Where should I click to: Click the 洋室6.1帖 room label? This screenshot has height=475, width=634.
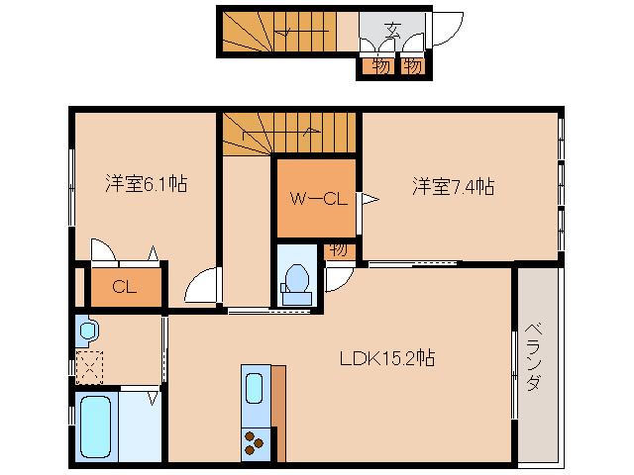tap(146, 184)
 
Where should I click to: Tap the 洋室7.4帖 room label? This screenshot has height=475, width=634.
tap(454, 185)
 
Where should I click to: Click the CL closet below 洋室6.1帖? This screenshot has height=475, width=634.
tap(124, 288)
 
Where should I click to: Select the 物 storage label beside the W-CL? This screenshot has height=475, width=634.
tap(338, 249)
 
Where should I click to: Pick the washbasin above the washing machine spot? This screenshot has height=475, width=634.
tap(87, 329)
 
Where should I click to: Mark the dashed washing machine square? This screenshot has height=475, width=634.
tap(90, 365)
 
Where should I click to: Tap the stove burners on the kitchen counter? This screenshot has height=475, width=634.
tap(255, 442)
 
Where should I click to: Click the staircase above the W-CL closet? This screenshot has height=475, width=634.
tap(287, 133)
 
